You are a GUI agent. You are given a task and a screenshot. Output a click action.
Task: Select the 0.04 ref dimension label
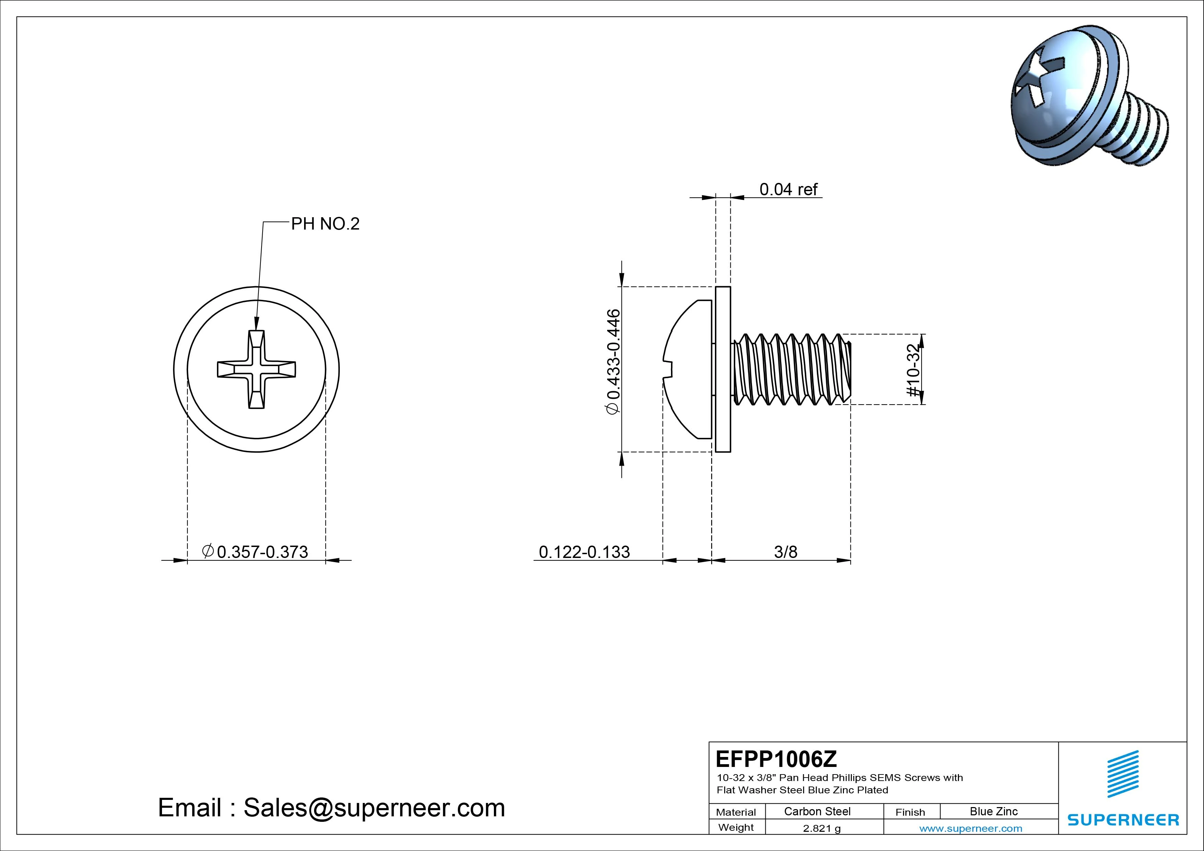(788, 189)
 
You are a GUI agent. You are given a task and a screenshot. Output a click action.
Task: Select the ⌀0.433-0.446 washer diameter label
(613, 362)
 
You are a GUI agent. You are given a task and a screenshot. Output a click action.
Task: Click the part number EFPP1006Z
(776, 759)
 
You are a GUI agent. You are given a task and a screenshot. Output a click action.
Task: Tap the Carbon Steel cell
(817, 812)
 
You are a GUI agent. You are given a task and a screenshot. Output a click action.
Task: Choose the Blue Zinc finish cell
(993, 812)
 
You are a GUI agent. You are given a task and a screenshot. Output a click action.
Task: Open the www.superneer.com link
(970, 828)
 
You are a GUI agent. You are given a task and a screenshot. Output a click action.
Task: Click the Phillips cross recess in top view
(256, 369)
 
